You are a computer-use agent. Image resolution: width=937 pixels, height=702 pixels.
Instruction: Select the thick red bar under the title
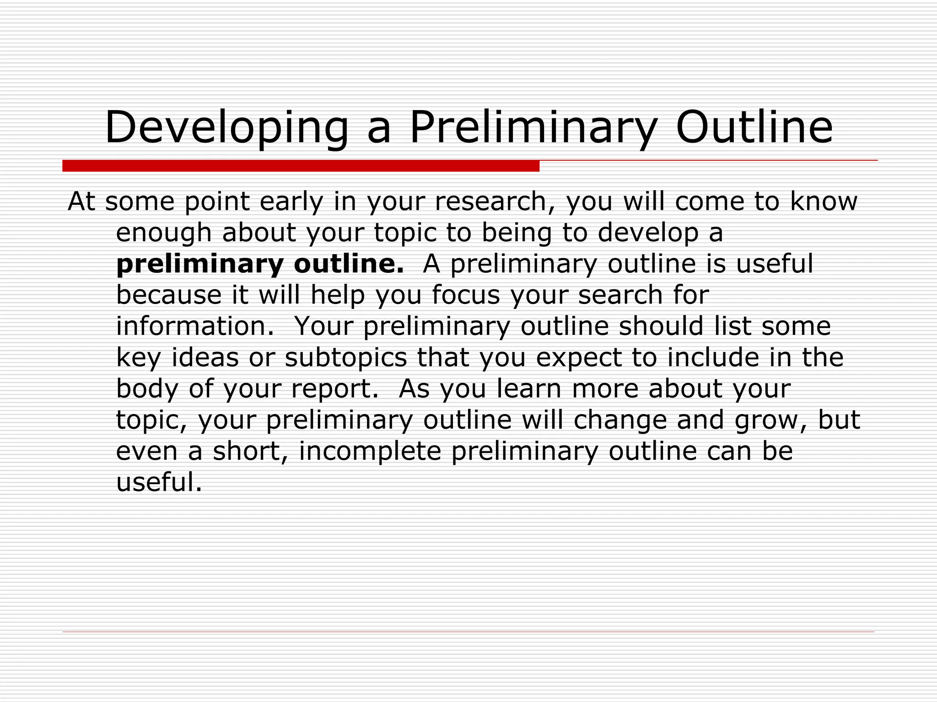tap(301, 166)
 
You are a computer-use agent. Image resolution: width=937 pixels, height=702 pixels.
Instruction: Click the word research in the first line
tap(495, 202)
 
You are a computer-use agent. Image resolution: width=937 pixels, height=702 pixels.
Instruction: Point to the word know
tap(824, 202)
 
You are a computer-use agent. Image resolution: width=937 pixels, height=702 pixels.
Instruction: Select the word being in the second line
tap(517, 233)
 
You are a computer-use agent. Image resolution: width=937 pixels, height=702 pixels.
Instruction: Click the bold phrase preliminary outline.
tap(260, 264)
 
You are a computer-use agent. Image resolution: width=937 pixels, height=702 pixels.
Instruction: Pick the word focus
tap(466, 295)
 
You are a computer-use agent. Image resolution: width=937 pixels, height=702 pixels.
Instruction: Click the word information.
tap(195, 326)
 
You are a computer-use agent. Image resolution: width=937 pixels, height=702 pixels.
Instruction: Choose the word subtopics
tap(345, 358)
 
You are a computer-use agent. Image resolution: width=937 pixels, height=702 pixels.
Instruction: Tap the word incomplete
tap(370, 452)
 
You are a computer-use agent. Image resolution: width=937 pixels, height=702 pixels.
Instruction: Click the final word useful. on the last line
tap(159, 483)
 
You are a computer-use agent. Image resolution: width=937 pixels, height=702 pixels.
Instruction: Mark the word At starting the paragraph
tap(81, 202)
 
